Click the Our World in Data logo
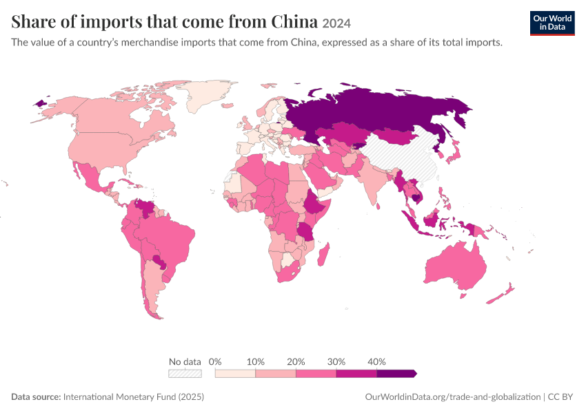click(552, 23)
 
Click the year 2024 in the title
click(336, 23)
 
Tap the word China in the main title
click(294, 21)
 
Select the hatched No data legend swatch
click(185, 374)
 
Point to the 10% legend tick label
click(256, 361)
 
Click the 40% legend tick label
click(376, 361)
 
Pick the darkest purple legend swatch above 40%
click(396, 374)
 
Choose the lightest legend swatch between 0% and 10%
click(235, 374)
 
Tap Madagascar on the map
click(323, 254)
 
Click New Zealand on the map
click(500, 295)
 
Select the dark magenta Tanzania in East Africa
click(306, 232)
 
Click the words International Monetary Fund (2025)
click(134, 396)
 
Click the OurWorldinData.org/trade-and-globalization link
click(452, 397)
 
